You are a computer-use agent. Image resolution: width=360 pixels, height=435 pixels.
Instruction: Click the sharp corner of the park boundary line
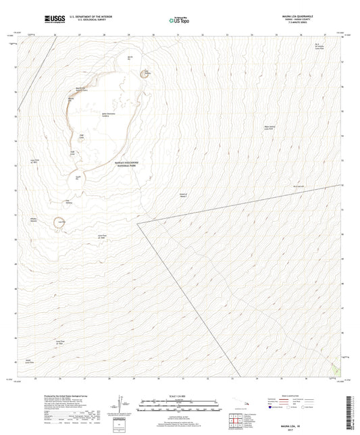coord(138,222)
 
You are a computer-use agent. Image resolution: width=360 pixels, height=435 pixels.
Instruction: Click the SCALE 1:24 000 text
coord(179,396)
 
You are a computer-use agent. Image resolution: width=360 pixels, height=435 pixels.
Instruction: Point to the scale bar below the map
coord(179,405)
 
